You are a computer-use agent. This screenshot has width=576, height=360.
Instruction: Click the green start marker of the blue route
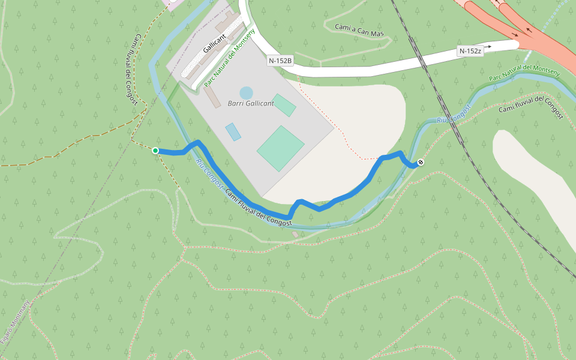[x=155, y=150]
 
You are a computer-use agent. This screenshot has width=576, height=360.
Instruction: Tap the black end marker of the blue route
[x=421, y=162]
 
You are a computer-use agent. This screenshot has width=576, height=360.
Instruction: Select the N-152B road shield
[x=280, y=61]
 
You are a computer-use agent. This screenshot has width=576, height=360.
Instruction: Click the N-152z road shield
[x=470, y=51]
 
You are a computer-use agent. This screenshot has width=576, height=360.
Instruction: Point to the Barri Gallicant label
[x=251, y=103]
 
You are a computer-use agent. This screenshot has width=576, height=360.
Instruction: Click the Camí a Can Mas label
[x=359, y=30]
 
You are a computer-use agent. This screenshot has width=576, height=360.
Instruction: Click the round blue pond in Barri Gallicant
[x=246, y=93]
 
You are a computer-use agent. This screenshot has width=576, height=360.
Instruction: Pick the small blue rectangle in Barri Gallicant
[x=233, y=131]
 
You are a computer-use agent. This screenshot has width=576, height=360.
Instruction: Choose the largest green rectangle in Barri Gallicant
[x=280, y=148]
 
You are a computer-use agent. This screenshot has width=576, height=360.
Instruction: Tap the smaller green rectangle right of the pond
[x=284, y=105]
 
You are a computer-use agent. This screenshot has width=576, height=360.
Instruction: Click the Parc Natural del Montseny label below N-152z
[x=524, y=73]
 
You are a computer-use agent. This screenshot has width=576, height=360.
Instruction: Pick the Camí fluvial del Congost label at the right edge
[x=531, y=107]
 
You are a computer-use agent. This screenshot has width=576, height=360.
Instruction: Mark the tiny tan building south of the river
[x=295, y=234]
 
